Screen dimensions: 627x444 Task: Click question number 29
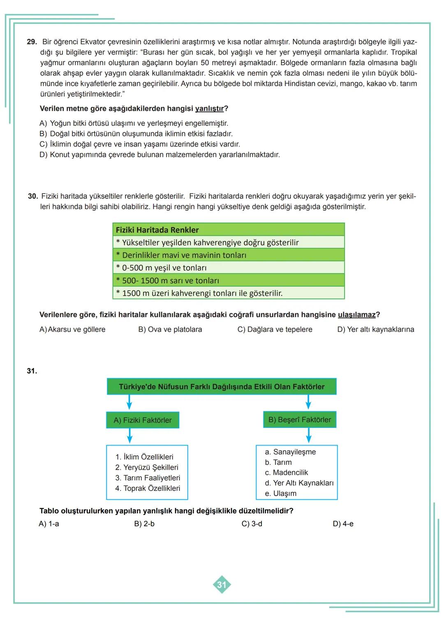(32, 42)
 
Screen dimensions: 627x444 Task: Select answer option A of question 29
(134, 123)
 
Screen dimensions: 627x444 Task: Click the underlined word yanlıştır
(209, 109)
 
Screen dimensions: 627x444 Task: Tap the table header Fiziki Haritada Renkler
(157, 230)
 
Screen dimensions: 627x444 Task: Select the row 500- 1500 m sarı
(171, 280)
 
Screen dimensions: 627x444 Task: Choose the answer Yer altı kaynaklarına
(375, 329)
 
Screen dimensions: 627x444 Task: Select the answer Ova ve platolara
(170, 329)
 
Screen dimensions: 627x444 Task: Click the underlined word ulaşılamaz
(356, 315)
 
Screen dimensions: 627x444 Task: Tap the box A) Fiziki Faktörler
(143, 420)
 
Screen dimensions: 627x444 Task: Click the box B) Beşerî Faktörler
(300, 420)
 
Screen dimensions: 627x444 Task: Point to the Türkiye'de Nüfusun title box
(222, 387)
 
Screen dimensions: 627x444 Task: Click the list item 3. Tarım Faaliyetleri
(148, 478)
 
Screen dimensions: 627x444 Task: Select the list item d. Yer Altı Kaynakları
(299, 483)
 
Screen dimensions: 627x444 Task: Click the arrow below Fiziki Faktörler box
(129, 436)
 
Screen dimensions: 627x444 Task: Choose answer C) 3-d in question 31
(252, 524)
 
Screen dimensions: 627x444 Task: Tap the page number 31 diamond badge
(222, 585)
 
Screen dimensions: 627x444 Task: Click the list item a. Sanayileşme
(290, 452)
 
